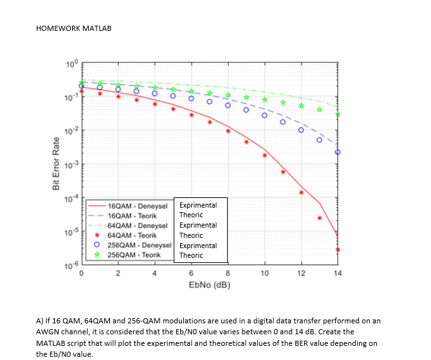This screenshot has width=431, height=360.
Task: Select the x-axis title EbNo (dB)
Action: (x=209, y=285)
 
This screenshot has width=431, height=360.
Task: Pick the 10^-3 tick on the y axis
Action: (x=71, y=165)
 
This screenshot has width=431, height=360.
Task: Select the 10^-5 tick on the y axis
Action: (x=71, y=231)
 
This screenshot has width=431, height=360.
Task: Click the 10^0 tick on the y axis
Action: (x=71, y=63)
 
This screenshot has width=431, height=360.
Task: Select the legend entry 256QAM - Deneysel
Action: (x=139, y=246)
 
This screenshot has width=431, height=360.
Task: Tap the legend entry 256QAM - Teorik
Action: (x=134, y=255)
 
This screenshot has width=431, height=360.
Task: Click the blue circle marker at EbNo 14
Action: (x=338, y=152)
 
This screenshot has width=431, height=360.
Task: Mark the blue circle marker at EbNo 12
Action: (x=301, y=130)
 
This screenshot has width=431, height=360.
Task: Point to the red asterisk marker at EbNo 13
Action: (x=320, y=218)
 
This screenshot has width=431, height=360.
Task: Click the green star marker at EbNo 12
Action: (x=301, y=105)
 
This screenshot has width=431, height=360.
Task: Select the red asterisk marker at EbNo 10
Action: (x=264, y=156)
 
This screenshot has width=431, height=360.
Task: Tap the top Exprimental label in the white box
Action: (x=197, y=205)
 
